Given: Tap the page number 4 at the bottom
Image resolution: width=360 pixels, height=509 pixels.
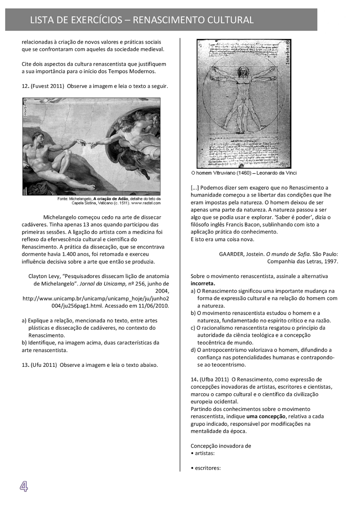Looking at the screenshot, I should (x=24, y=486).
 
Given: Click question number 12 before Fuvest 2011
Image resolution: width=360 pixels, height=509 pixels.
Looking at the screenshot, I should (x=25, y=86).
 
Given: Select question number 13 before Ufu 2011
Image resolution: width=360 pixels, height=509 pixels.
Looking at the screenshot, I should (x=25, y=365).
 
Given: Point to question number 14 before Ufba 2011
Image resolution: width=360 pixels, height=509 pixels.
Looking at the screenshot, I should (x=194, y=380).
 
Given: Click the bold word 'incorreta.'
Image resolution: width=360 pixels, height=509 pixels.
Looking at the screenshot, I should (x=203, y=283).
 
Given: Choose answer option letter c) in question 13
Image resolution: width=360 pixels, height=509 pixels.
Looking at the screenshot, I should (x=193, y=328).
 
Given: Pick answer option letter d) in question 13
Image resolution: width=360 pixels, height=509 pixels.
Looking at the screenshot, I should (x=193, y=350).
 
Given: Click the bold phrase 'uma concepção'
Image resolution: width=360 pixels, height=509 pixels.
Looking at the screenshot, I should (x=266, y=416).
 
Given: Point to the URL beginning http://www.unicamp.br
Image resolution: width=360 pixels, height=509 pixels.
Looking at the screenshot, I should (x=95, y=298).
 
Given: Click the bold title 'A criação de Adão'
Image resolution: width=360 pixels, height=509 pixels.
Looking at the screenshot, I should (x=110, y=199).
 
